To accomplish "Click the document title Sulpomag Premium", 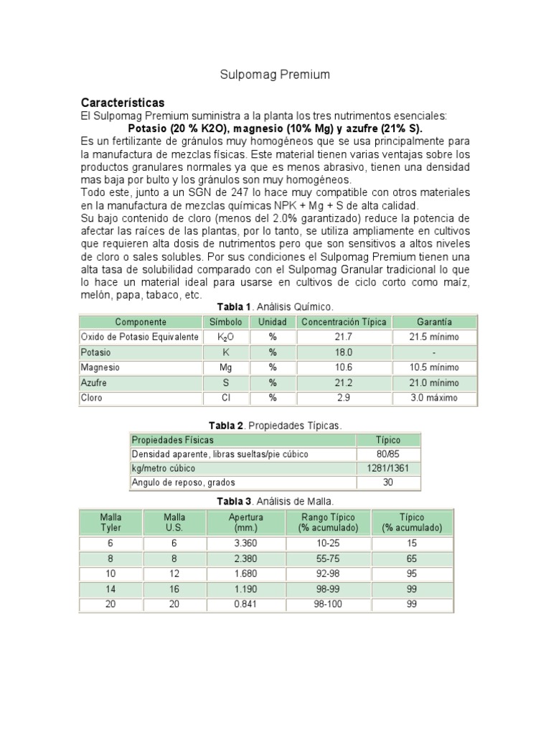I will click(274, 75).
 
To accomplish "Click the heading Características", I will click(123, 102).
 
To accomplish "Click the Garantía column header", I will click(434, 322).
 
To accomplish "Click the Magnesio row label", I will click(100, 367).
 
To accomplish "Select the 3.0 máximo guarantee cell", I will click(434, 398).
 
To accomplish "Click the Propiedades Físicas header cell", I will click(172, 440).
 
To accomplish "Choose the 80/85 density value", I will click(388, 454).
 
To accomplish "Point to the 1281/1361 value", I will click(388, 469).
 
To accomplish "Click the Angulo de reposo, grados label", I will click(183, 482).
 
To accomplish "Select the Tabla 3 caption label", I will click(228, 500).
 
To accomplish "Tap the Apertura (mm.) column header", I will click(246, 522).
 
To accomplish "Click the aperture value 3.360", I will click(246, 544).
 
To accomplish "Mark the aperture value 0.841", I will click(246, 604).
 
